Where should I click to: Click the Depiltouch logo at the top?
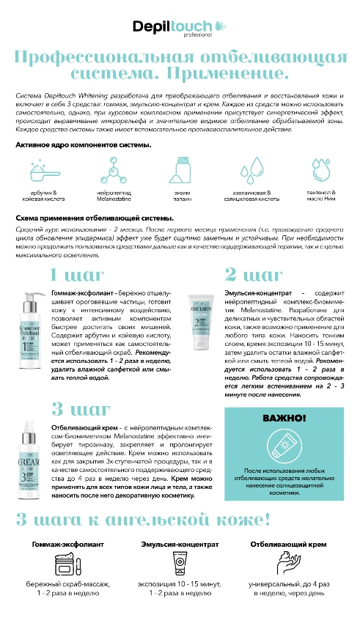click(x=180, y=26)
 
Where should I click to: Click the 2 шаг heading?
click(x=254, y=275)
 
